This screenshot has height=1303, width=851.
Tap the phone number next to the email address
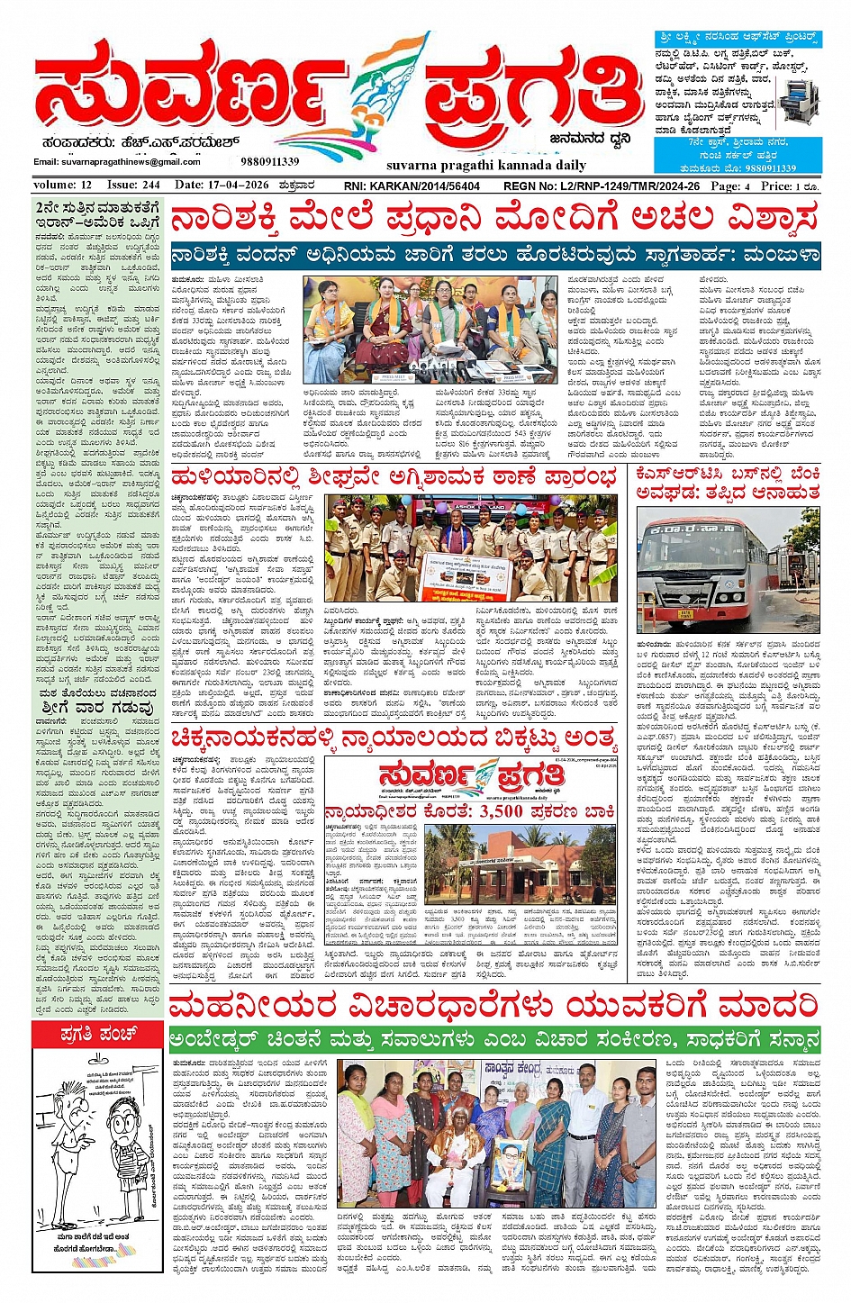pyautogui.click(x=269, y=161)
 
